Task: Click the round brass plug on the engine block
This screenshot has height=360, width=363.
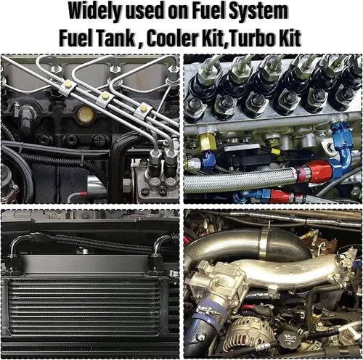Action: click(x=85, y=114)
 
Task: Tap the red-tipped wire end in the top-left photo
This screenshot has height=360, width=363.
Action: click(x=81, y=194)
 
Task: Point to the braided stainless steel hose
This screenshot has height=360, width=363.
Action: click(x=242, y=180)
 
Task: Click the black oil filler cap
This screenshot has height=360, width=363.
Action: click(x=289, y=339)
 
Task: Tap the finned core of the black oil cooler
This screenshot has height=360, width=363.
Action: click(x=86, y=307)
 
